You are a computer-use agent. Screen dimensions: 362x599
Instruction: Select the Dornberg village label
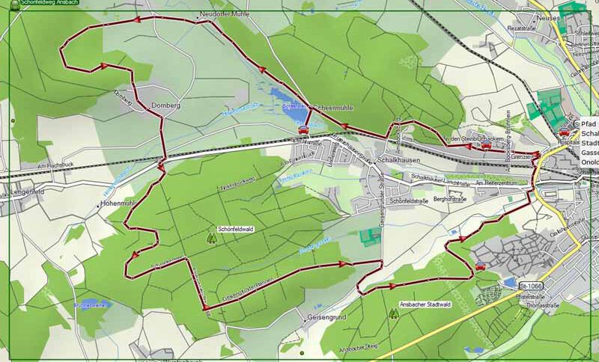[x=166, y=106]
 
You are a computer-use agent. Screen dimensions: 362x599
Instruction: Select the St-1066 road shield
[x=529, y=286]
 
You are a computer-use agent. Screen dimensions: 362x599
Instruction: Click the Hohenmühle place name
[x=118, y=203]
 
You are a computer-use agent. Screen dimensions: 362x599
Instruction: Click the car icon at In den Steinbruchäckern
[x=485, y=146]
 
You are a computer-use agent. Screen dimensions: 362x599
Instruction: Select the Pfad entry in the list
[x=589, y=123]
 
